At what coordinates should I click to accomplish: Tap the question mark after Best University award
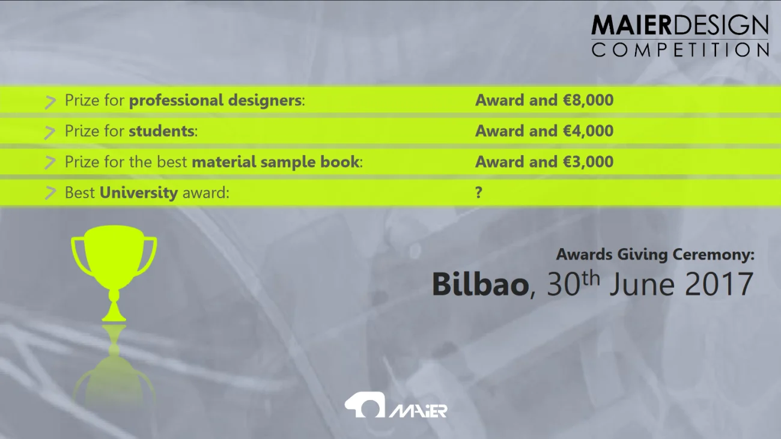point(479,193)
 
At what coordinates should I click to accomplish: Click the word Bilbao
point(480,284)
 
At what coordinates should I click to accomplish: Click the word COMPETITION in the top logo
point(680,50)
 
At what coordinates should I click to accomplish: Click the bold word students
point(162,131)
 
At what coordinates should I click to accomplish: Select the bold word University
point(138,193)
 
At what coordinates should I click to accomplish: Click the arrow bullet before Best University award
point(50,193)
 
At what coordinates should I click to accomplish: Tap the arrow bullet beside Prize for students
point(50,132)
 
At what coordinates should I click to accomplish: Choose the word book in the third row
point(345,162)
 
